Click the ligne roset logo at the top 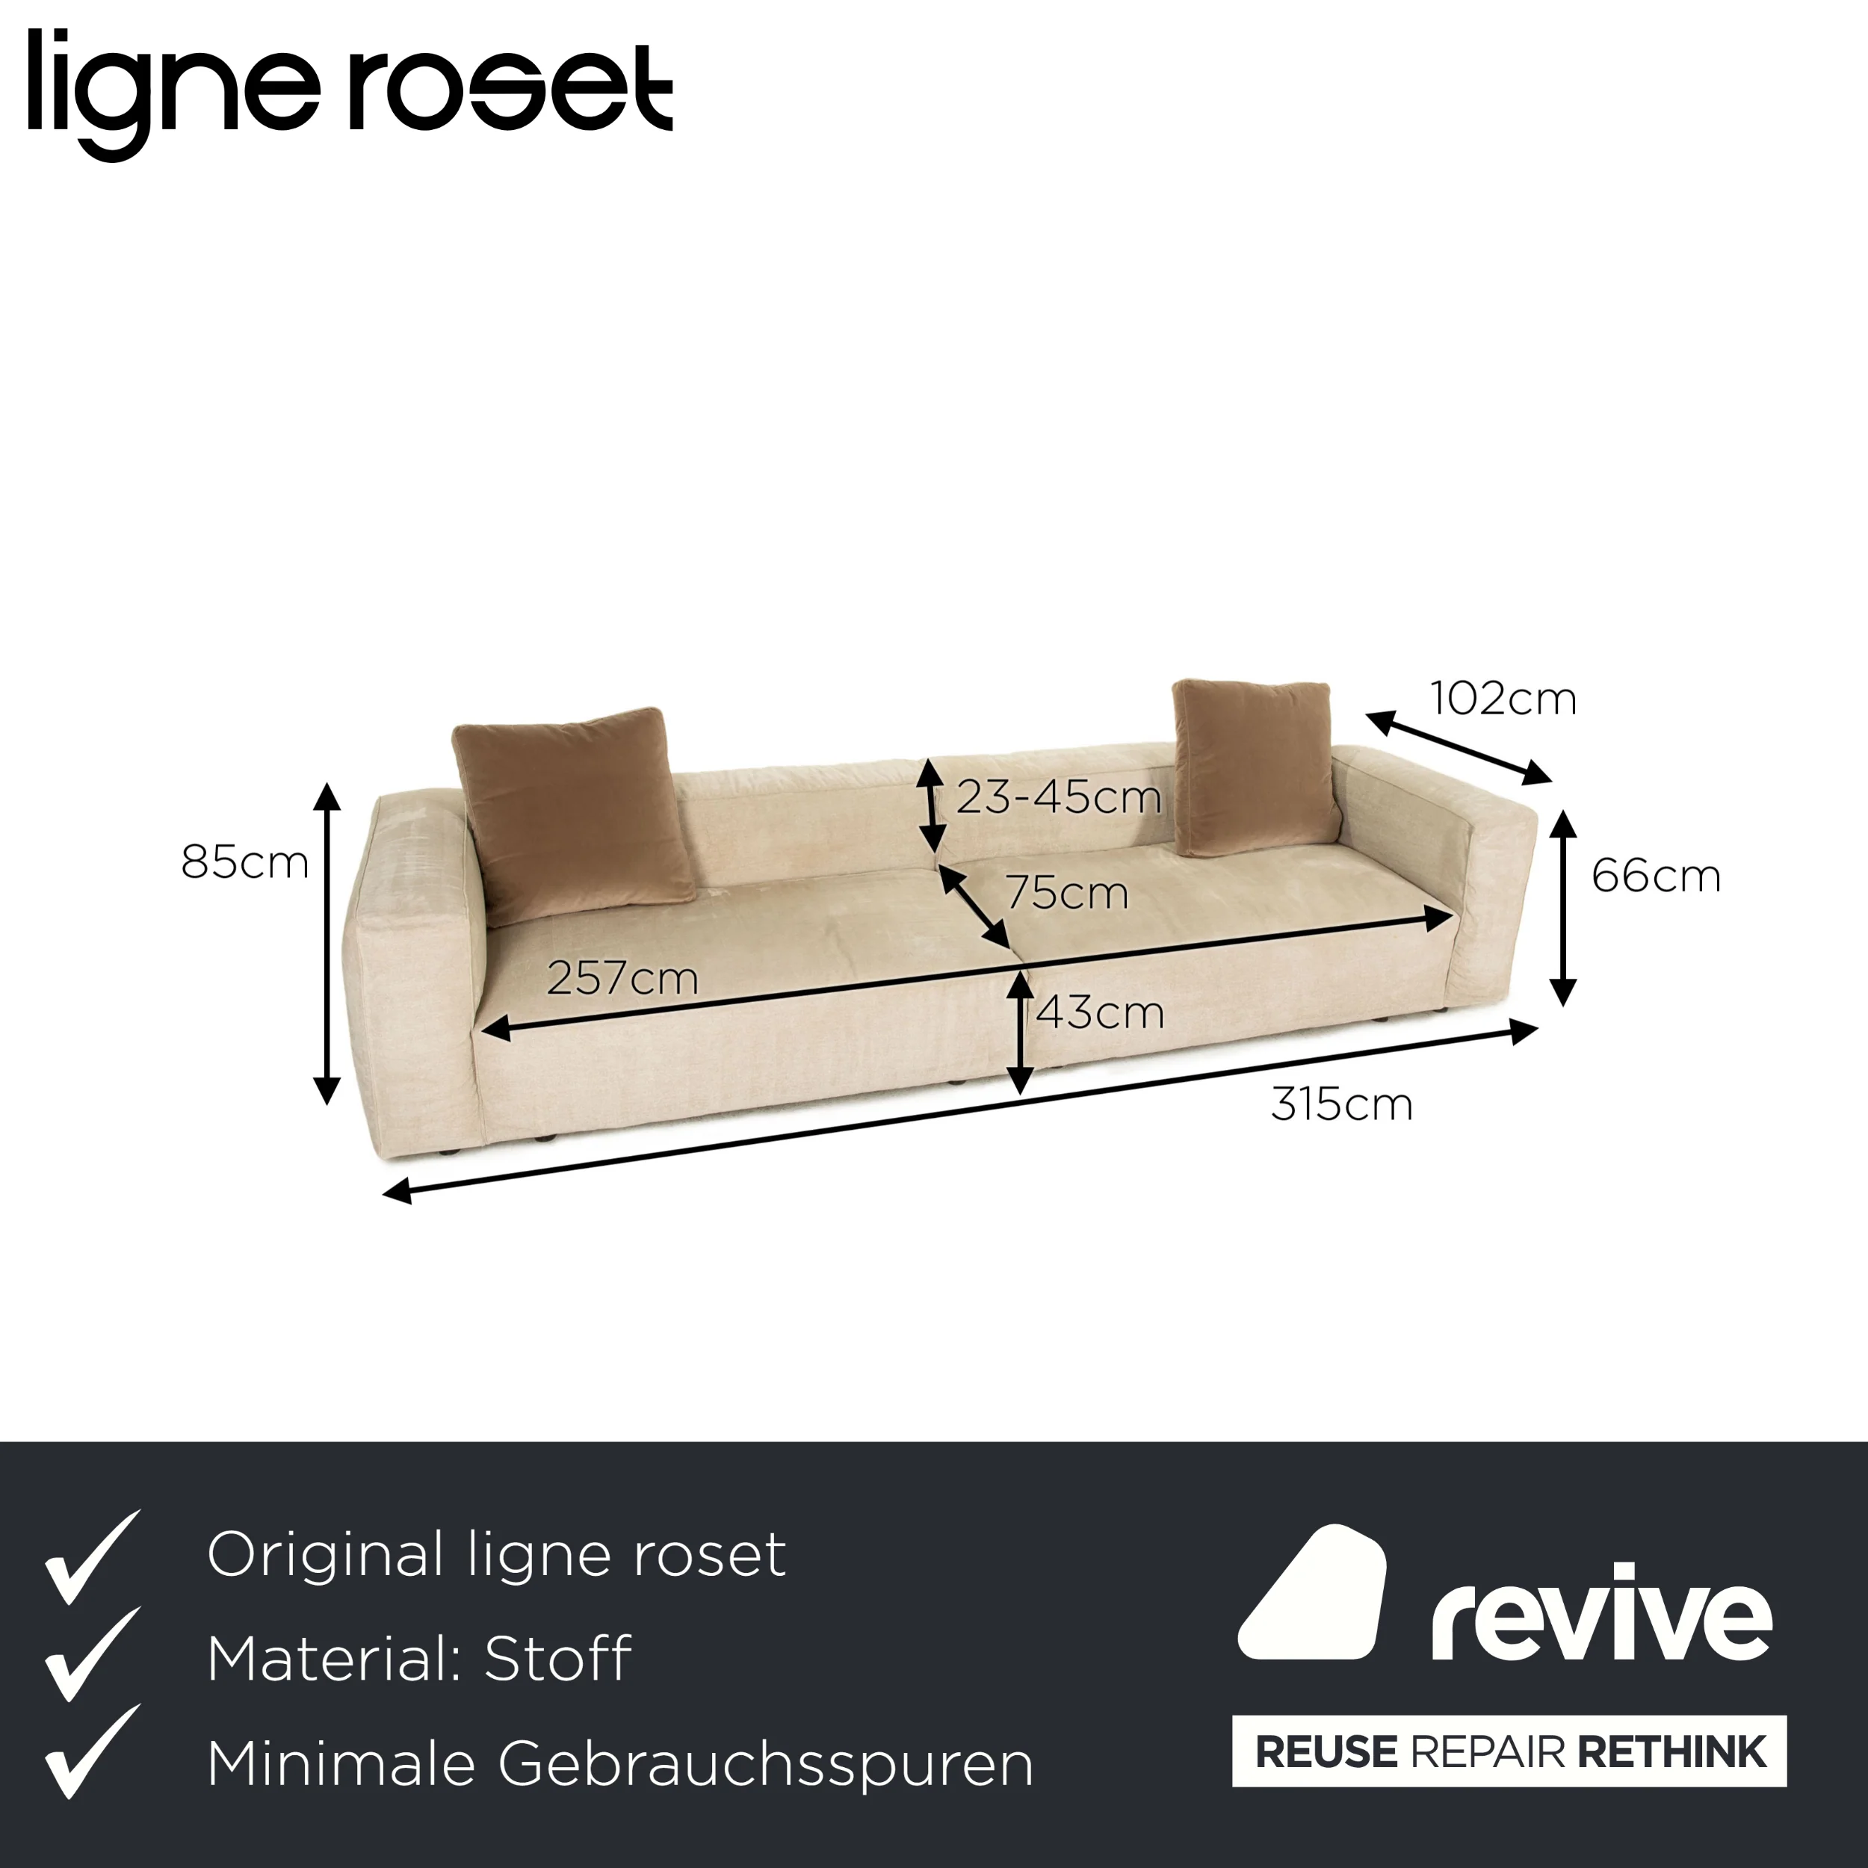click(350, 94)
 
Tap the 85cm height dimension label click(244, 862)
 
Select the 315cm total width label click(1341, 1104)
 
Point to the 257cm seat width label click(622, 979)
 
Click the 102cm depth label click(1503, 698)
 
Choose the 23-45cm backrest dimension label click(1059, 797)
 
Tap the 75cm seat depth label click(1066, 892)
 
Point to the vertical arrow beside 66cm click(1562, 908)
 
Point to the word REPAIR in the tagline click(1487, 1752)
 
